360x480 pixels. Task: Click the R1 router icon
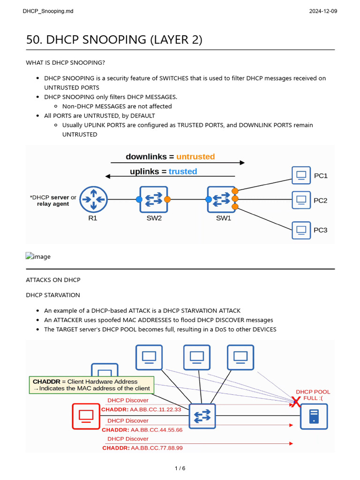pyautogui.click(x=93, y=199)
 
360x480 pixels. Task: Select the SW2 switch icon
pyautogui.click(x=153, y=199)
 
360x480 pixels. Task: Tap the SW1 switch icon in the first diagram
pyautogui.click(x=222, y=199)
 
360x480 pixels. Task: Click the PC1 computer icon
pyautogui.click(x=301, y=175)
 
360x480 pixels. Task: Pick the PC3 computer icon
pyautogui.click(x=301, y=230)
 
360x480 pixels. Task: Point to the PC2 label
pyautogui.click(x=321, y=201)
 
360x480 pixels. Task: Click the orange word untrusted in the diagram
pyautogui.click(x=195, y=157)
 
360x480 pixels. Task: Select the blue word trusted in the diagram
pyautogui.click(x=183, y=172)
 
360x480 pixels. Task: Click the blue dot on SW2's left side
pyautogui.click(x=139, y=199)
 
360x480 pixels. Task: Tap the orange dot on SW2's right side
pyautogui.click(x=167, y=199)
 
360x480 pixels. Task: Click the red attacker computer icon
pyautogui.click(x=86, y=416)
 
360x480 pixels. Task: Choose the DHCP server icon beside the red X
pyautogui.click(x=314, y=416)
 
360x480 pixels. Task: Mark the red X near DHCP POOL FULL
pyautogui.click(x=296, y=402)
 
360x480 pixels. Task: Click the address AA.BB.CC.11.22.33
pyautogui.click(x=156, y=409)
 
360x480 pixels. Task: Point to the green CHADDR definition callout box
pyautogui.click(x=91, y=385)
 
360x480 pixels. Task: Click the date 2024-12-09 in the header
pyautogui.click(x=323, y=11)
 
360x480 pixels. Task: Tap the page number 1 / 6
pyautogui.click(x=180, y=468)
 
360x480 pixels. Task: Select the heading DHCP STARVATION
pyautogui.click(x=53, y=295)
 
